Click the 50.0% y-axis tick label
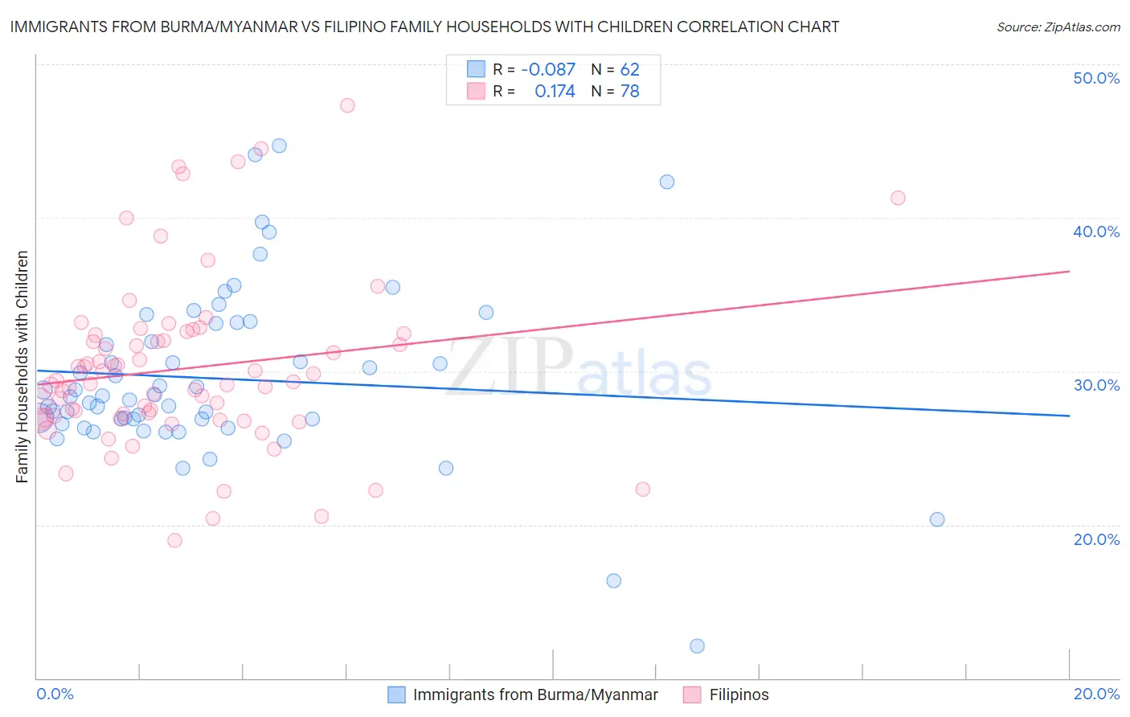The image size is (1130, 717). point(1096,78)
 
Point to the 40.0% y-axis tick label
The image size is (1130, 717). point(1096,231)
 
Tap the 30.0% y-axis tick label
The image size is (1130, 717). point(1096,385)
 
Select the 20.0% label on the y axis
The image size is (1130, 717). point(1096,539)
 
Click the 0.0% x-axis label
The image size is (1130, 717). point(55,694)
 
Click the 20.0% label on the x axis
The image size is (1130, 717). point(1096,694)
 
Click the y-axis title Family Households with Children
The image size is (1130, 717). point(23,367)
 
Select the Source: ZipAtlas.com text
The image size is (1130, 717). point(1058,27)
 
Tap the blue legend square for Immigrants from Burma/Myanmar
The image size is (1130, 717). point(396,694)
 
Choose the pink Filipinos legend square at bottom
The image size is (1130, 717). point(692,694)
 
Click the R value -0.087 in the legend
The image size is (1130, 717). point(548,69)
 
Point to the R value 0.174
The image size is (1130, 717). point(555,92)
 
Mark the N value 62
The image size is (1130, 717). point(629,69)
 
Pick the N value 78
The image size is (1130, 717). point(629,92)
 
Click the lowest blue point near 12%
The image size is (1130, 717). point(697,646)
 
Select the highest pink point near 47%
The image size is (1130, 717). point(347,105)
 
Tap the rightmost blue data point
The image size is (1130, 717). point(937,519)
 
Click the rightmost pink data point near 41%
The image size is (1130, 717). point(898,198)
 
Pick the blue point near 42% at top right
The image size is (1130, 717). point(667,182)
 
